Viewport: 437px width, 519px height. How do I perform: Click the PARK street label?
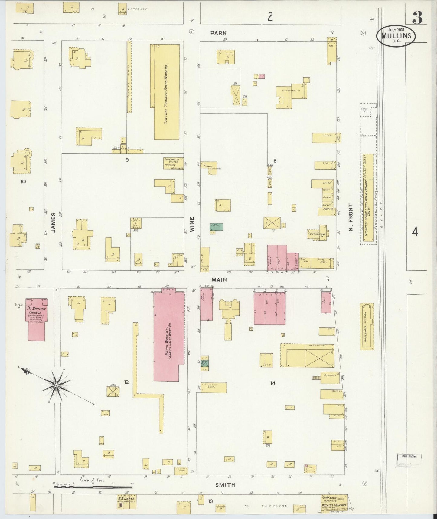(x=219, y=33)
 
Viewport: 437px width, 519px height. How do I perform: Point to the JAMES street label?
(x=54, y=223)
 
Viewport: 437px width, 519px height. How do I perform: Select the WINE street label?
(x=192, y=224)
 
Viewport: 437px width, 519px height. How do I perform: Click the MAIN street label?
(x=219, y=280)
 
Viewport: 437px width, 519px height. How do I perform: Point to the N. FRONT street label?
(x=351, y=217)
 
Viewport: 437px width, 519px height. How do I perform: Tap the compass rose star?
(x=57, y=385)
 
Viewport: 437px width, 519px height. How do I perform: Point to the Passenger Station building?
(x=367, y=327)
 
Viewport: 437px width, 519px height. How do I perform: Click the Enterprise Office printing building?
(x=173, y=163)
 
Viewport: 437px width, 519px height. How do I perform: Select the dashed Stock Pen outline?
(x=368, y=110)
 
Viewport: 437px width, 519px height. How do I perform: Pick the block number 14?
(x=272, y=383)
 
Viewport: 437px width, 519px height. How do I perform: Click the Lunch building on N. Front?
(x=326, y=138)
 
